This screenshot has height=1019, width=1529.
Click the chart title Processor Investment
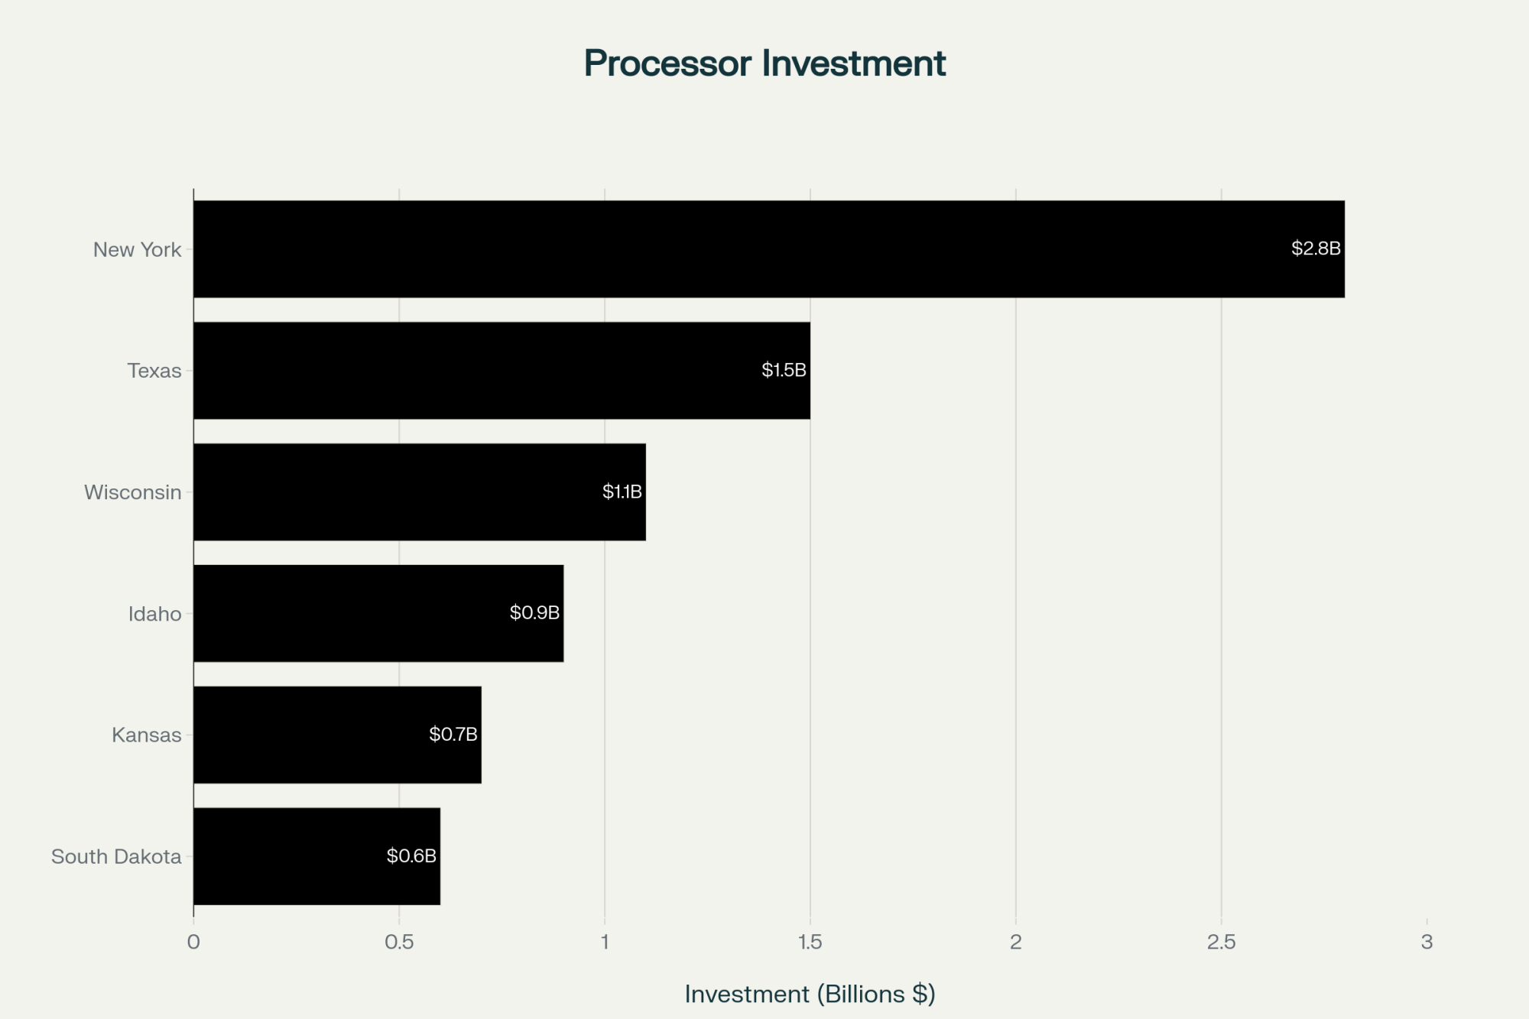(764, 63)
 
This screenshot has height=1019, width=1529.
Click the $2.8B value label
(1316, 248)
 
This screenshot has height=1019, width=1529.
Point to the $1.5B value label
(784, 370)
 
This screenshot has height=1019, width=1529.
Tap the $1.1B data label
(622, 492)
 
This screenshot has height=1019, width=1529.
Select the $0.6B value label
(411, 856)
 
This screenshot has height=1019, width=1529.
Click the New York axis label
(137, 250)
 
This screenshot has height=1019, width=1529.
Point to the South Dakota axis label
(116, 857)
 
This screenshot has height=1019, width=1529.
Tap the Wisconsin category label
(132, 492)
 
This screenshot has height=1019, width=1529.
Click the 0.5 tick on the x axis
(399, 943)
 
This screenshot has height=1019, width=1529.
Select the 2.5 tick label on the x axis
(1221, 943)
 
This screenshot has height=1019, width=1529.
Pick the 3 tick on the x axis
(1427, 943)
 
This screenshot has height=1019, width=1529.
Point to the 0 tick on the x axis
(193, 943)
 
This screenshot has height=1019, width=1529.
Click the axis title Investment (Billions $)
(810, 994)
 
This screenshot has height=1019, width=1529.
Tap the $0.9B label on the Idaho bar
(534, 613)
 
